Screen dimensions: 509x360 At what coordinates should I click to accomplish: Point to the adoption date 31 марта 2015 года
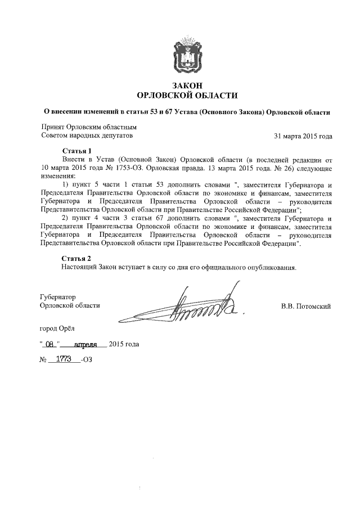[x=303, y=136]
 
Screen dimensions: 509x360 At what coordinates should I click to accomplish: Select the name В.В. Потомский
[x=305, y=306]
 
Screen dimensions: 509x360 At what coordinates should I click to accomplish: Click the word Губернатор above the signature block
[x=58, y=296]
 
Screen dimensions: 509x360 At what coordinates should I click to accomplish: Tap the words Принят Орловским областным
[x=89, y=128]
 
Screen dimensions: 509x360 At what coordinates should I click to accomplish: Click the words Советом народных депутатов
[x=87, y=136]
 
